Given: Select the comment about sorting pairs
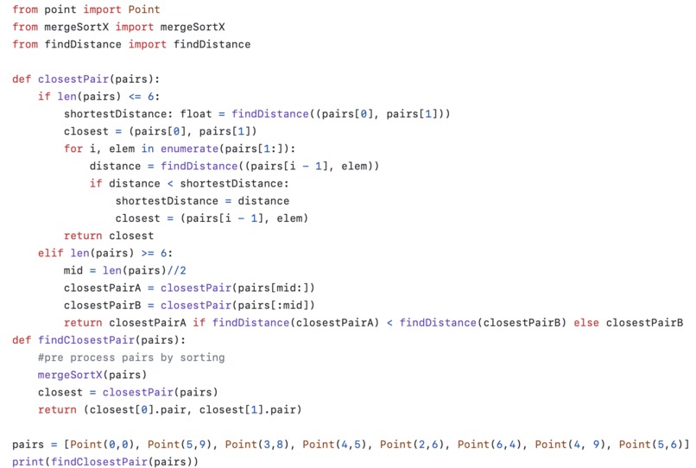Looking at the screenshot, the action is point(131,357).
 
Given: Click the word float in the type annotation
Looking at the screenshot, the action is point(196,114).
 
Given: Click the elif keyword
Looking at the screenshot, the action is point(51,253).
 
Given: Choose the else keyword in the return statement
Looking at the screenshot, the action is point(586,322).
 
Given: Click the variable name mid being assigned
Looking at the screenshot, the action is point(73,270).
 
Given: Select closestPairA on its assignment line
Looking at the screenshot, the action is point(102,288).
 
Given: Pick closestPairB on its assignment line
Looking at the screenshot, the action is point(102,305).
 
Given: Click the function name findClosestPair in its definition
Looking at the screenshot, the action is point(86,339).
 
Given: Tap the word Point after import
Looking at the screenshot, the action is point(144,9).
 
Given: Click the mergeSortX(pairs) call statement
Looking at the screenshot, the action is point(92,375).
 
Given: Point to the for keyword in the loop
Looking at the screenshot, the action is point(73,149).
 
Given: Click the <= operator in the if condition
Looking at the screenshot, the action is point(135,97).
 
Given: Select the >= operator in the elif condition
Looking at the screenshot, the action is point(148,253).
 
